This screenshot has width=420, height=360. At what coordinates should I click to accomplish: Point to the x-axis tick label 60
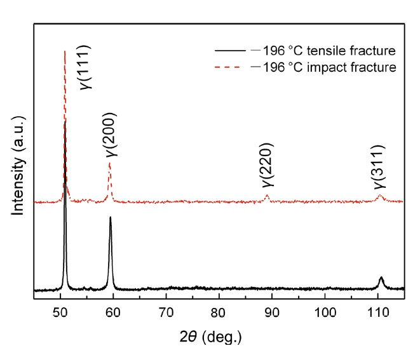(113, 312)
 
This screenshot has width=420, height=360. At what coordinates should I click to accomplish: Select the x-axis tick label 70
(166, 312)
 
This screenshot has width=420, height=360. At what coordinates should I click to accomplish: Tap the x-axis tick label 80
(219, 312)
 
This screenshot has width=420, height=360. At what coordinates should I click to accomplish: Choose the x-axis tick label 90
(272, 312)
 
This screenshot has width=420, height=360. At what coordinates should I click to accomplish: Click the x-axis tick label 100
(325, 312)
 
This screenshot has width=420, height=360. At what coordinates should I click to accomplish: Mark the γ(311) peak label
(380, 166)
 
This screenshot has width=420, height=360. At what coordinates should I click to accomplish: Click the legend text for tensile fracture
(324, 50)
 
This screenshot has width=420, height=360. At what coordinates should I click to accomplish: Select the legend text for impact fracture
(324, 67)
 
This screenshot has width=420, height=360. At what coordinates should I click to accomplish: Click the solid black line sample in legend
(229, 50)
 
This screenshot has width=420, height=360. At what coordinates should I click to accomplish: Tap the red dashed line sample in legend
(229, 67)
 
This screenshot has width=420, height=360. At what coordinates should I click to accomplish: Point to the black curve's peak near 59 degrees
(111, 218)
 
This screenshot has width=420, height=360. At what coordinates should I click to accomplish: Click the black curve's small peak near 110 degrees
(381, 278)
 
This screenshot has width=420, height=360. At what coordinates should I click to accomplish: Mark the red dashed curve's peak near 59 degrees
(110, 164)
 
